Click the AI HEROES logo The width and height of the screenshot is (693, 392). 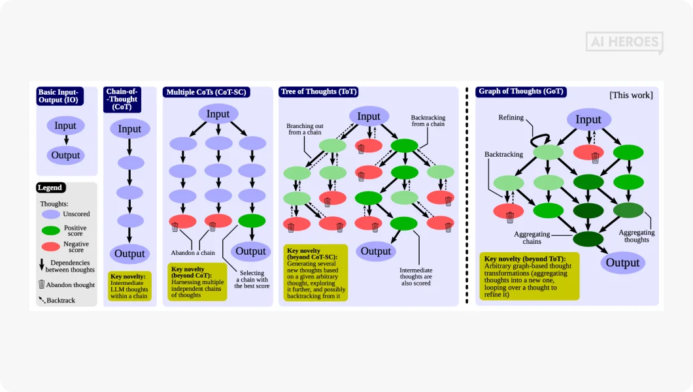coord(624,42)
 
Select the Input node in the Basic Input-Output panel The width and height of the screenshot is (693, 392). coord(65,125)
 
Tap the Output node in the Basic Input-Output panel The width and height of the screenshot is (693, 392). coord(65,155)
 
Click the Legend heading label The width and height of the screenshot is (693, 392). coord(50,188)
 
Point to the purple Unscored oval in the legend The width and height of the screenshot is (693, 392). coord(51,214)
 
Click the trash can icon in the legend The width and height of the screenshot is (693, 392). coord(42,284)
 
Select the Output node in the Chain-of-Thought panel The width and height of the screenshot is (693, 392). coord(129,253)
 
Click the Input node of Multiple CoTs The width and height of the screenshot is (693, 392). coord(218,114)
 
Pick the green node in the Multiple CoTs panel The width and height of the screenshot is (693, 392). coord(252,221)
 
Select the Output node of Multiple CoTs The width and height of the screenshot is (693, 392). coord(251,251)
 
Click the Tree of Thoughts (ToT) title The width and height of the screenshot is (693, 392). coord(319,92)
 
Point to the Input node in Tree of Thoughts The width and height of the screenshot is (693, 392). coord(369,116)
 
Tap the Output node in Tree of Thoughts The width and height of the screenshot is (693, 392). coord(376,251)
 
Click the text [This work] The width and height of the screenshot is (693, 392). coord(630,95)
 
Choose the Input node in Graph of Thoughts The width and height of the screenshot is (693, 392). coord(588,120)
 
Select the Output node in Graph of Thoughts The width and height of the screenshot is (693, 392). coord(622,263)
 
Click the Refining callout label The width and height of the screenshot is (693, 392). coord(511,118)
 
